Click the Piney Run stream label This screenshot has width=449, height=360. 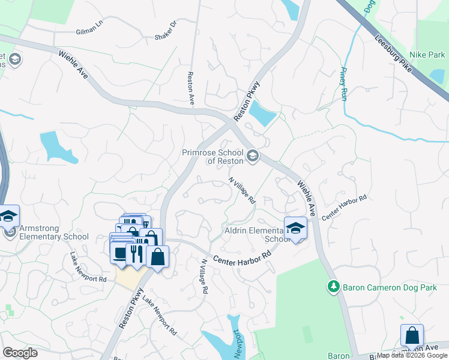point(344,83)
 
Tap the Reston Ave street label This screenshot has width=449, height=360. point(190,89)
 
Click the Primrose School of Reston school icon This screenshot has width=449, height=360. point(253,156)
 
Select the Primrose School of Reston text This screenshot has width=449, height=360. point(213,157)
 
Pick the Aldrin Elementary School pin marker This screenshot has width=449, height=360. point(295,228)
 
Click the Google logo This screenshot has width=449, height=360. point(20,353)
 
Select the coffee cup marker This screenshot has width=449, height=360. point(119,253)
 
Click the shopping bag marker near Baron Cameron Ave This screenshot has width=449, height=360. point(412,335)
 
